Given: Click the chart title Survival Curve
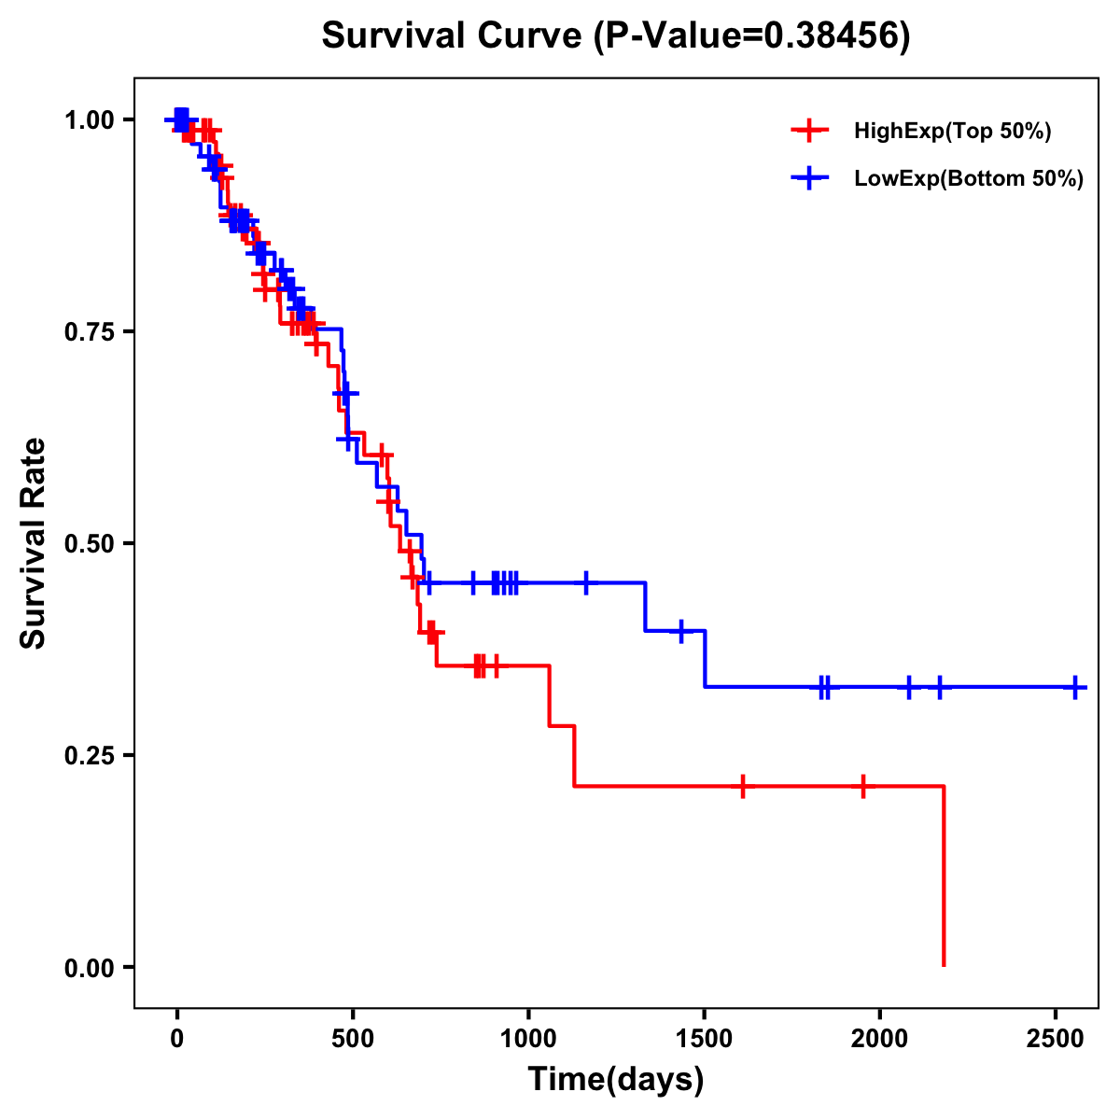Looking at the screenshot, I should pos(615,35).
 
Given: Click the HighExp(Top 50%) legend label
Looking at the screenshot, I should pos(952,132).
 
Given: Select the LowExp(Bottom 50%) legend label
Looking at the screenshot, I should pos(969,179).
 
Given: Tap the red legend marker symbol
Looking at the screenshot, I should pos(809,131).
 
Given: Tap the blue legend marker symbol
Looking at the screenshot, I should pos(809,179).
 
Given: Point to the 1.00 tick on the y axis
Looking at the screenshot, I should pos(89,119).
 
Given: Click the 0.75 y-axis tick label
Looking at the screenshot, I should pos(89,331).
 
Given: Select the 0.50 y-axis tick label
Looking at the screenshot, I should pos(89,543).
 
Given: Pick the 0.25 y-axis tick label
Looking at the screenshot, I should pos(89,755).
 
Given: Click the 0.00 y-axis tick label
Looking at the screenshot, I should pos(89,967).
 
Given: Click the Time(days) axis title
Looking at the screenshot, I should pos(615,1080).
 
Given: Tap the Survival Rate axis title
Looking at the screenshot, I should pos(34,543).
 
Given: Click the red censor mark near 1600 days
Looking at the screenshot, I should pos(742,786).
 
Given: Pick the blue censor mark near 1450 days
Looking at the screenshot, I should pos(681,631).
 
